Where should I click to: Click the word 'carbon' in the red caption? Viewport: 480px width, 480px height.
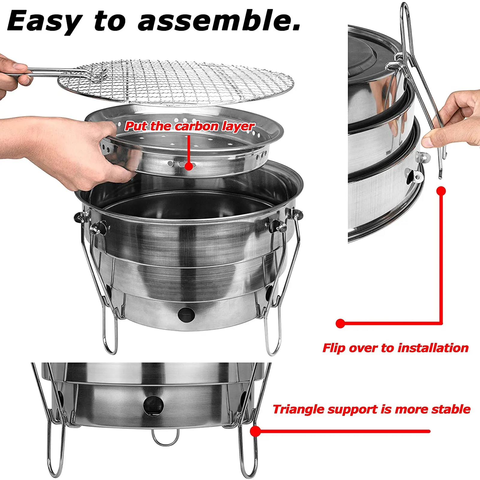(197, 126)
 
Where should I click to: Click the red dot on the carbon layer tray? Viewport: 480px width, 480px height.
(189, 166)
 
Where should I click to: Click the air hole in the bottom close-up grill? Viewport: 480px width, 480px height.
(153, 405)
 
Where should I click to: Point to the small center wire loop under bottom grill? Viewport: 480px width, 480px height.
(165, 438)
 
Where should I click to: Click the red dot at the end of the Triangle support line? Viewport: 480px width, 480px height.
(255, 431)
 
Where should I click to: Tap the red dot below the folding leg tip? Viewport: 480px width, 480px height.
(441, 191)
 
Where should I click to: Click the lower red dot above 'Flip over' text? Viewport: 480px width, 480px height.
(340, 323)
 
